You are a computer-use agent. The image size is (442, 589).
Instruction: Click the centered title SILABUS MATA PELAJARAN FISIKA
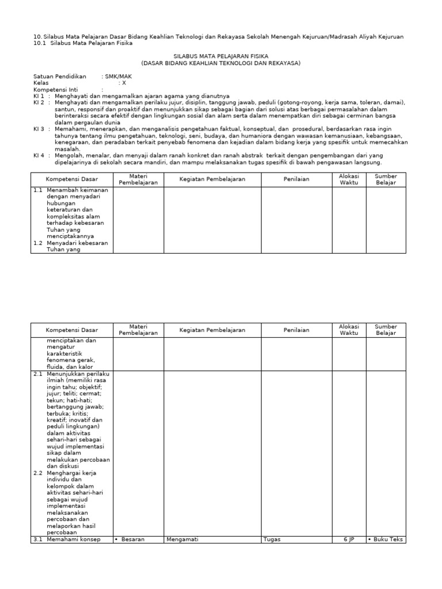220,56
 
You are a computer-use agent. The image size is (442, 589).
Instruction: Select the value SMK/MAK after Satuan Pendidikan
117,76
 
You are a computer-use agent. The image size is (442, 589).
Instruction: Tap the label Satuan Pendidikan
60,76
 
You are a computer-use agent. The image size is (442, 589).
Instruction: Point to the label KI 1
39,96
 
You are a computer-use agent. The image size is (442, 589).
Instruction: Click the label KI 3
39,129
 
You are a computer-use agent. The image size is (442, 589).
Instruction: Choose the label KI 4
39,155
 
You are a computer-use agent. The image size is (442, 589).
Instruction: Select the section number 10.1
40,43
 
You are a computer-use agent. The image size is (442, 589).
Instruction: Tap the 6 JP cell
349,540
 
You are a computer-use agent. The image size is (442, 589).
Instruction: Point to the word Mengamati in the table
181,540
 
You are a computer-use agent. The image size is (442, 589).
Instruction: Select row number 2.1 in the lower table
38,374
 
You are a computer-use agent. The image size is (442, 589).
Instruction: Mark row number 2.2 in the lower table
38,473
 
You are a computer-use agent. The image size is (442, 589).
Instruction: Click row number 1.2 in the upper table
38,243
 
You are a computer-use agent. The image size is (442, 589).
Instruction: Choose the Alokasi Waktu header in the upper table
349,179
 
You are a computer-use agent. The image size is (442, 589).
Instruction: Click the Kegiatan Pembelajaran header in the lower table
212,330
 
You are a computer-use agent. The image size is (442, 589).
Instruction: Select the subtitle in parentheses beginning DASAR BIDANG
220,63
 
